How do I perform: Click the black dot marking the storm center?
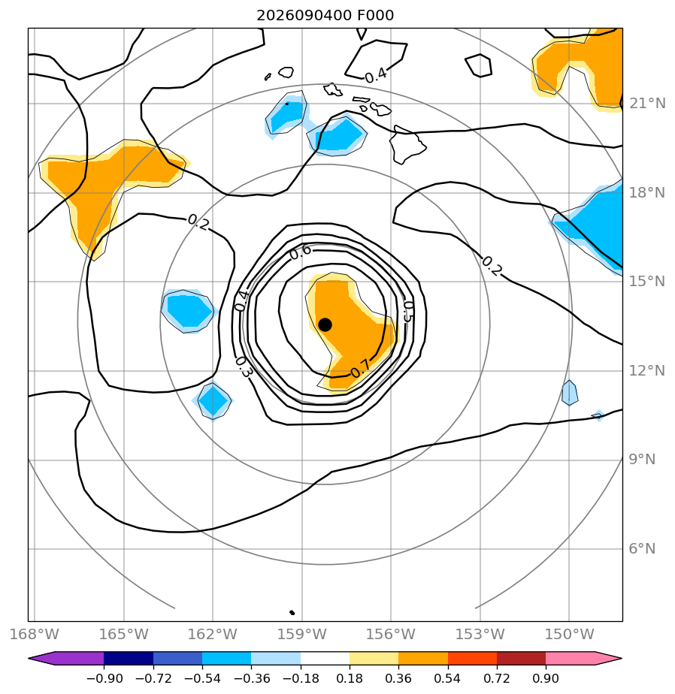click(x=325, y=325)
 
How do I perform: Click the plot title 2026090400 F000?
click(x=325, y=16)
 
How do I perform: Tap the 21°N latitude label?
click(x=647, y=104)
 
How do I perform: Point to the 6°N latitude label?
click(x=642, y=549)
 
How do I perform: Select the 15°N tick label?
click(x=647, y=282)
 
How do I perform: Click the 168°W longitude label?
click(x=35, y=634)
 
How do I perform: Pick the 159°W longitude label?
click(x=301, y=634)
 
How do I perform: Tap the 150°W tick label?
click(x=569, y=634)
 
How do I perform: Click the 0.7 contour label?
click(x=360, y=368)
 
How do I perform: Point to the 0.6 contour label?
click(x=301, y=252)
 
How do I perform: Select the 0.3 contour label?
click(x=243, y=367)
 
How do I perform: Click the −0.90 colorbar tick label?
click(x=104, y=678)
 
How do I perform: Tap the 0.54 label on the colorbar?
click(x=448, y=678)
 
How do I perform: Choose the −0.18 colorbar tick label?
click(x=301, y=678)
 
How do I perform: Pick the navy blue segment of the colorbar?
click(x=129, y=659)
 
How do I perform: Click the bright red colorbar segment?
click(x=472, y=659)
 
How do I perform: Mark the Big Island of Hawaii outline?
click(x=406, y=144)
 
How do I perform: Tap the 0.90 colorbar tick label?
click(x=546, y=678)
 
